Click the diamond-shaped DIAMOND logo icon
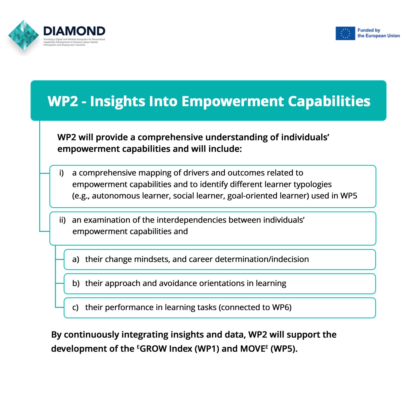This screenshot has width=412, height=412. [x=23, y=35]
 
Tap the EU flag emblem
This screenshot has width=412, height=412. [x=345, y=33]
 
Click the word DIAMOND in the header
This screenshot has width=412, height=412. [x=74, y=31]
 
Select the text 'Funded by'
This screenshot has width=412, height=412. [x=369, y=30]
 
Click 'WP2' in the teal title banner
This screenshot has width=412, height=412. [x=63, y=101]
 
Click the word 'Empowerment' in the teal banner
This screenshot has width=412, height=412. [x=233, y=101]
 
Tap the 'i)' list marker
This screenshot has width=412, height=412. [x=62, y=173]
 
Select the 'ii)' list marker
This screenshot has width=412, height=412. [x=62, y=220]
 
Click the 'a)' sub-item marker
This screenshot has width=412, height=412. [x=76, y=259]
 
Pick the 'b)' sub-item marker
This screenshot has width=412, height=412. [x=76, y=283]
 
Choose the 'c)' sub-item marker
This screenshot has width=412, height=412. [x=75, y=307]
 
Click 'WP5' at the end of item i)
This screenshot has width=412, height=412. [x=349, y=196]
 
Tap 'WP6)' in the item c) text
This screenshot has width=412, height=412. [x=282, y=307]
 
